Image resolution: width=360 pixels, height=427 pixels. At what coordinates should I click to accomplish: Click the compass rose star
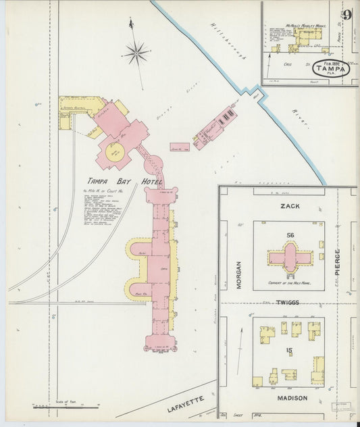136,51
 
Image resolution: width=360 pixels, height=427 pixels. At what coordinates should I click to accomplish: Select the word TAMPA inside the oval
336,68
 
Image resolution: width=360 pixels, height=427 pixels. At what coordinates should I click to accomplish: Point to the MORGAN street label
238,275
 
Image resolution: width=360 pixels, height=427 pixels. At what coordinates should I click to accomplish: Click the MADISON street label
288,398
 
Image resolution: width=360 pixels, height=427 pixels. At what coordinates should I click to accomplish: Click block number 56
290,234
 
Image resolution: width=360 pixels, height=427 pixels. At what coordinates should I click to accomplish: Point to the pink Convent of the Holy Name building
290,257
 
